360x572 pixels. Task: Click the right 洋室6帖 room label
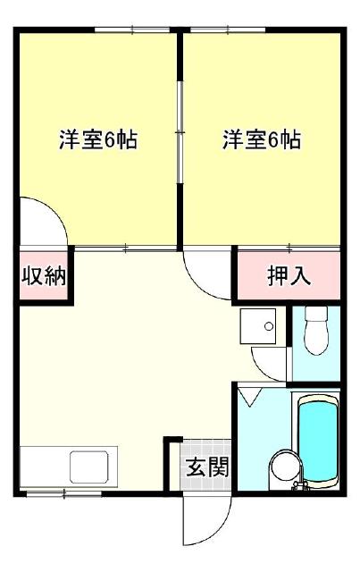pos(261,140)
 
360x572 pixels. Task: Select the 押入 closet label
pos(289,275)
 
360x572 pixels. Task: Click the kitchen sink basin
pos(89,467)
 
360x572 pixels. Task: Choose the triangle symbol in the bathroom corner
pos(250,395)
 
